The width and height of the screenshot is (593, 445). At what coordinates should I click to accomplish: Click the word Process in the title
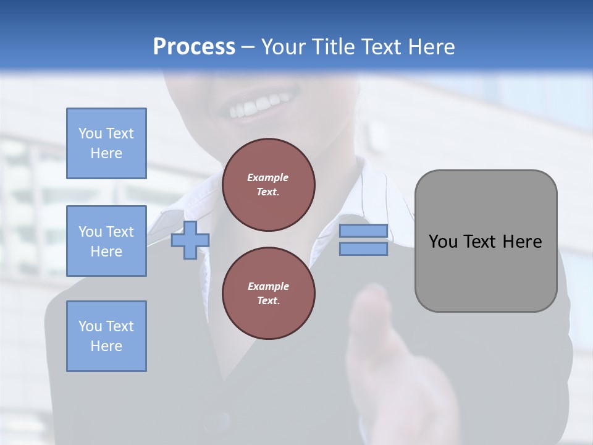194,47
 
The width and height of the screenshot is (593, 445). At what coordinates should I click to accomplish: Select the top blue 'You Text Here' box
106,143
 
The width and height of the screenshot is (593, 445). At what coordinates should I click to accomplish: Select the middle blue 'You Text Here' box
106,241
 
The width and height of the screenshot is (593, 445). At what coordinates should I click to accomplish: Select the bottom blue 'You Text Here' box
106,336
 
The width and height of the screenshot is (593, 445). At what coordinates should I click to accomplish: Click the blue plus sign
190,240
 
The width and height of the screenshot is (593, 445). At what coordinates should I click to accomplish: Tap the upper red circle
269,185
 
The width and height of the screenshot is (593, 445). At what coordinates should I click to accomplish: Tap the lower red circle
269,294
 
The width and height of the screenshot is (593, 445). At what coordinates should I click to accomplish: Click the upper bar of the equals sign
363,231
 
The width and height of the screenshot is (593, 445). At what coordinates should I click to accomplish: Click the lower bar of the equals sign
363,248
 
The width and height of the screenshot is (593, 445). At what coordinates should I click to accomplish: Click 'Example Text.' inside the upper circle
268,185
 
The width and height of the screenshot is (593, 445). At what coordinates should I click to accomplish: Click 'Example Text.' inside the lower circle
268,294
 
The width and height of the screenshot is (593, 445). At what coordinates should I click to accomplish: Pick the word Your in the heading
285,47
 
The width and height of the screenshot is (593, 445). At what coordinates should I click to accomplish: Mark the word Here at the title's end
432,47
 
